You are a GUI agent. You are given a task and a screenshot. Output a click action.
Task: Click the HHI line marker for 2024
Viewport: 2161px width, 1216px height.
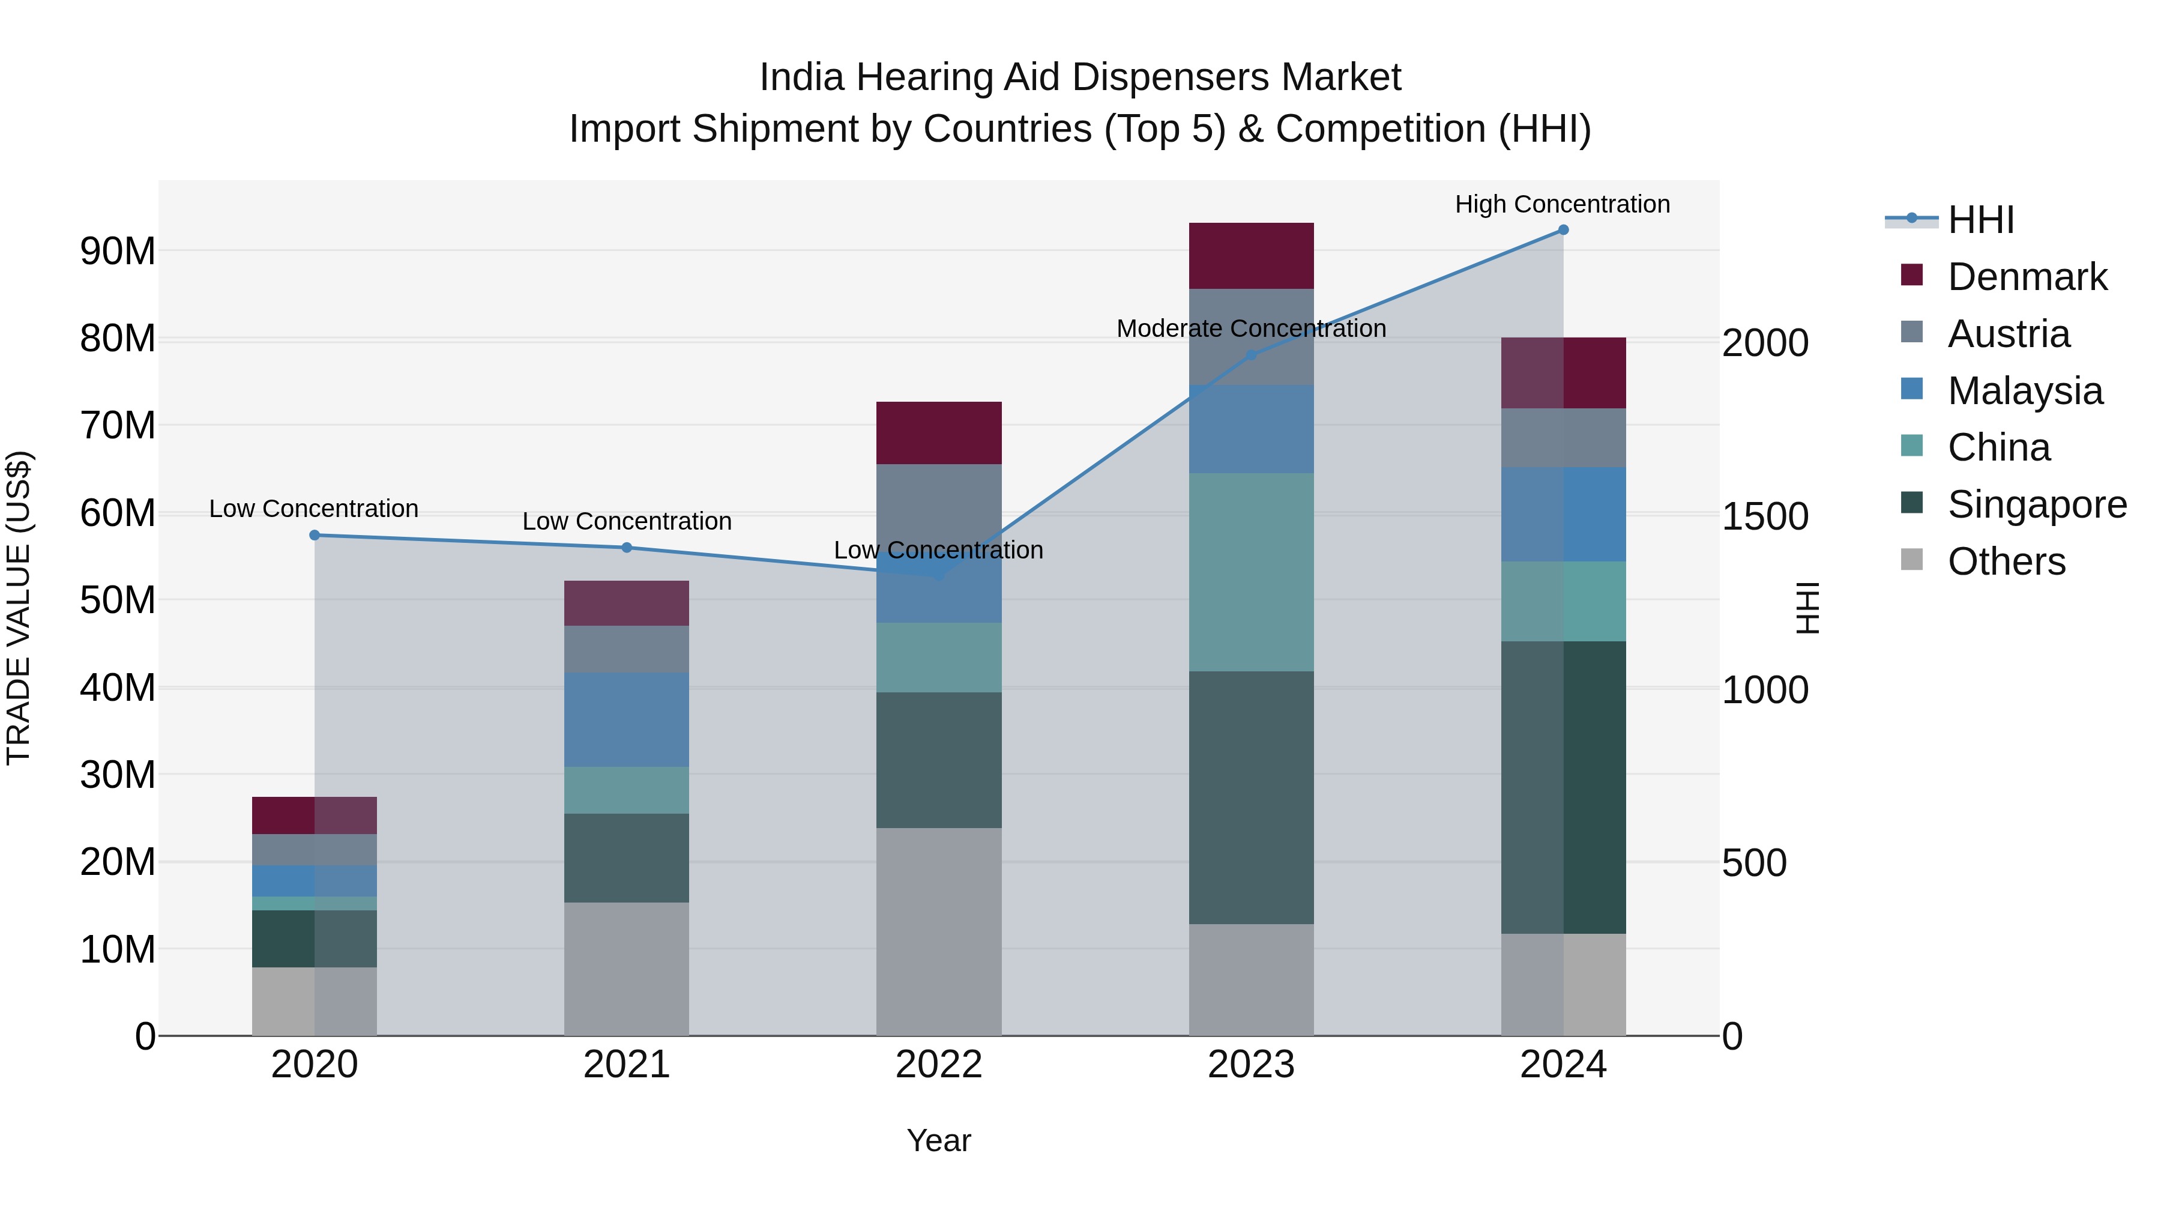click(x=1563, y=230)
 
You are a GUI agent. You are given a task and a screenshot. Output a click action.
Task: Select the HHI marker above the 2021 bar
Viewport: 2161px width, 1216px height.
click(x=627, y=548)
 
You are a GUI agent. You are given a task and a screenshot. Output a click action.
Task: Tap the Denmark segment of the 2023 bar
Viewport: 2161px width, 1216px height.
click(x=1251, y=256)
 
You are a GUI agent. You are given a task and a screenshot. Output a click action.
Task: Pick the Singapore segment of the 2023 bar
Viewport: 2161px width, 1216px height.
click(x=1251, y=797)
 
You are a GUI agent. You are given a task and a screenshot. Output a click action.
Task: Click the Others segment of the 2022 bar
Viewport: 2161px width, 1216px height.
click(x=939, y=931)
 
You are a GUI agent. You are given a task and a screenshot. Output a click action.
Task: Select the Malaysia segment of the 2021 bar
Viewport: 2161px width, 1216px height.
click(x=627, y=720)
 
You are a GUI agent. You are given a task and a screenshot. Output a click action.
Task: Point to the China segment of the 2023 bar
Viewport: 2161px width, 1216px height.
click(x=1251, y=572)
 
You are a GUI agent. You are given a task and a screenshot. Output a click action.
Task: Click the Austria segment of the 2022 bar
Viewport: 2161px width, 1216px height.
click(x=939, y=504)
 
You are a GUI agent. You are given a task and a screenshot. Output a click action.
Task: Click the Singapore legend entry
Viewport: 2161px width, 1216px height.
click(x=2036, y=505)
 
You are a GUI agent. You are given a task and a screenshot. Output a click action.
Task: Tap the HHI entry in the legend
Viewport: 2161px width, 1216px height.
click(x=1980, y=220)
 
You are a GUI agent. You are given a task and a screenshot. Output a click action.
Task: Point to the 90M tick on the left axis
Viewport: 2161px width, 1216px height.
click(x=118, y=251)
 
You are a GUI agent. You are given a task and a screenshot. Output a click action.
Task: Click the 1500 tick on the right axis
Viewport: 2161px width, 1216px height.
click(x=1765, y=517)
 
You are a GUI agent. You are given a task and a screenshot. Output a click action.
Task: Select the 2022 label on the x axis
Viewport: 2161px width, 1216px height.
click(x=939, y=1065)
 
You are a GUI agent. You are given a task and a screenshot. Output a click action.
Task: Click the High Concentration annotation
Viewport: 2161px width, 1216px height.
click(x=1562, y=205)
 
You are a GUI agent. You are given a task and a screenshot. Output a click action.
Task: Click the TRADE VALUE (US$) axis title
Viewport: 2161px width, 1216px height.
click(x=19, y=608)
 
